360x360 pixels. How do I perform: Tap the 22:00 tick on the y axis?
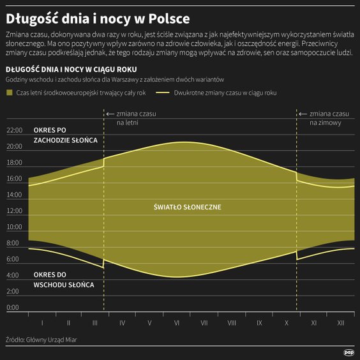coord(14,130)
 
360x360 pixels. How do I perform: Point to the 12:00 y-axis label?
coord(14,211)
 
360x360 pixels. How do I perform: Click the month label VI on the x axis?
coord(177,323)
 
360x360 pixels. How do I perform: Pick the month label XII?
coord(341,323)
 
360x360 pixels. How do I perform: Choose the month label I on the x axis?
coord(41,323)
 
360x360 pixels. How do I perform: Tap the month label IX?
coord(259,323)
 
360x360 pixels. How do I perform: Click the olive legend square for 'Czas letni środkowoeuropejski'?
coord(10,93)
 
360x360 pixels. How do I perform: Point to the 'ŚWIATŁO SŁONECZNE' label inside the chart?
coord(188,207)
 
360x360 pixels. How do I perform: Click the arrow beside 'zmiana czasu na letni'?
coord(110,114)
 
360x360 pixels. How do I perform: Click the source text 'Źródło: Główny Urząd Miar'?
coord(44,340)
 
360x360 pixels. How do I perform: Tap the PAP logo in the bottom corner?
coord(349,351)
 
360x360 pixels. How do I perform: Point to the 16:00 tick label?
coord(14,179)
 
